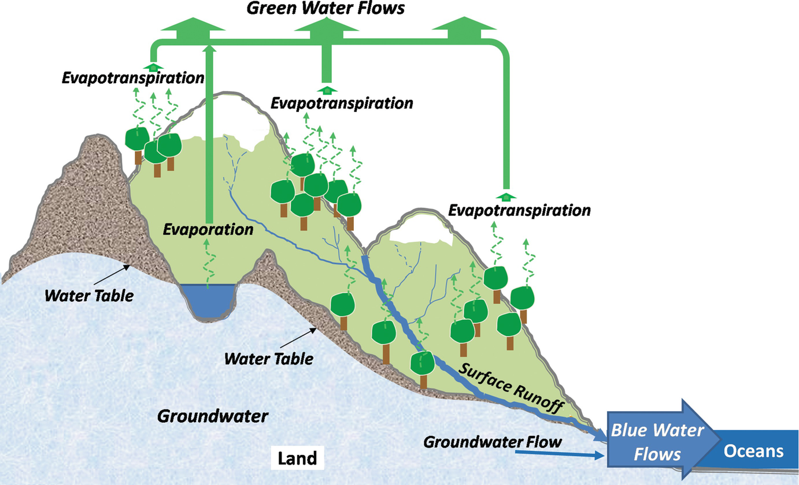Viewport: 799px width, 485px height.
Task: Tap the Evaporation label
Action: coord(208,229)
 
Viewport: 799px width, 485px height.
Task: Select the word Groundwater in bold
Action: coord(213,416)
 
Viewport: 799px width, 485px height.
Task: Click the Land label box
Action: coord(297,458)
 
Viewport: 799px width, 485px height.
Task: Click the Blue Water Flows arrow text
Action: coord(657,442)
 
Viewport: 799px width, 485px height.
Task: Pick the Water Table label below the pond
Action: coord(269,359)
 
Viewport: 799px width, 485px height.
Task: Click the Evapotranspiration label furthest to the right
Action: coord(519,210)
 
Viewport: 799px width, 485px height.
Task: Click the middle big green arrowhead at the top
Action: coord(325,27)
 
